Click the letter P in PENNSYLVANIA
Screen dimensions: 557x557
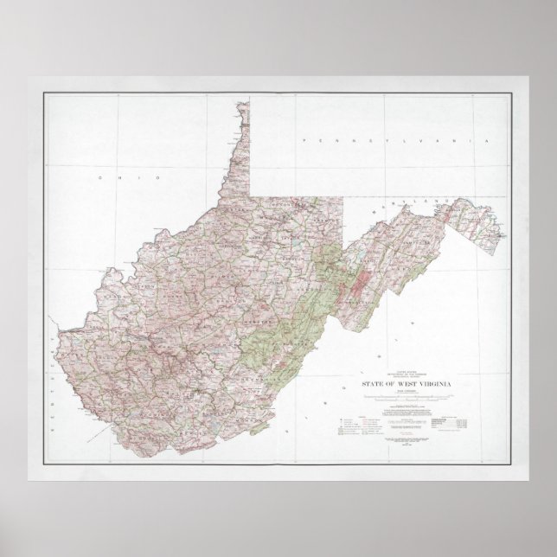click(299, 139)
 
